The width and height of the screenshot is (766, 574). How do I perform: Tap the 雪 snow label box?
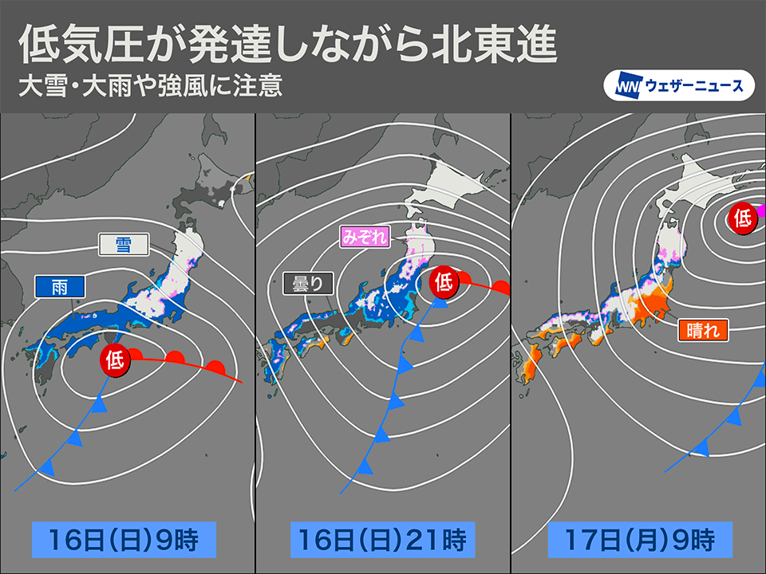coord(124,244)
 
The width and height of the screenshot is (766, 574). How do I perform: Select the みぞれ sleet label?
coord(364,236)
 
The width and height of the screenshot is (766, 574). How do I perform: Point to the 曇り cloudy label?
coord(308,283)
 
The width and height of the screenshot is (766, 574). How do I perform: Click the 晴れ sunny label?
coord(703,329)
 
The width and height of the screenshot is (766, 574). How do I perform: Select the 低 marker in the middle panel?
coord(444,281)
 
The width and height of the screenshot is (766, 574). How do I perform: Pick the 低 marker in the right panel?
coord(742,216)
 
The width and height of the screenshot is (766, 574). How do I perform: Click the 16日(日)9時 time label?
coord(125,539)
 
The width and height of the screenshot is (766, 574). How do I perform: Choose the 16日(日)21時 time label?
coord(382,539)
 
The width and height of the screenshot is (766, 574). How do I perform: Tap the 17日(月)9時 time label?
coord(638,539)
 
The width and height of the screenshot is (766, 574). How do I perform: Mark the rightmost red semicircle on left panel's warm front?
coord(215,368)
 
